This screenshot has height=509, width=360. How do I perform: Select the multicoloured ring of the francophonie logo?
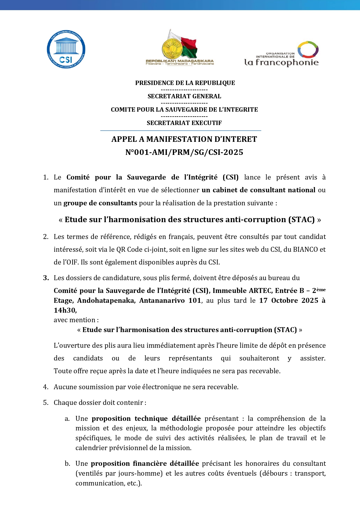coord(308,50)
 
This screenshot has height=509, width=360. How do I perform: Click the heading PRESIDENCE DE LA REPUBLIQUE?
coord(185,83)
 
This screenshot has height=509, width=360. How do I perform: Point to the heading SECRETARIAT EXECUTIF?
coord(184,123)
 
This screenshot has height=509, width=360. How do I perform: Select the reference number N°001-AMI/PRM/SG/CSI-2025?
coord(184,152)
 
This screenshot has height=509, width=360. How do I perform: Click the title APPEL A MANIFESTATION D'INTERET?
coord(184,139)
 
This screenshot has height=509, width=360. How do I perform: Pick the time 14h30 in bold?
coord(65,310)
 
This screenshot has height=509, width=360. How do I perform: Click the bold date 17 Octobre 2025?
coord(289,300)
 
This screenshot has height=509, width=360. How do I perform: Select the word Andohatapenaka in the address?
coord(106,300)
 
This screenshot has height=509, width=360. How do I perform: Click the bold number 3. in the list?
coord(46,278)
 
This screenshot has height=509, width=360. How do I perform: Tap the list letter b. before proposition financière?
coord(67,463)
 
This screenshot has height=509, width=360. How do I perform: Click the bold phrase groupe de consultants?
coord(100,203)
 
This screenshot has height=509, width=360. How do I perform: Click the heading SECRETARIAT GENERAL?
coord(184,96)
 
